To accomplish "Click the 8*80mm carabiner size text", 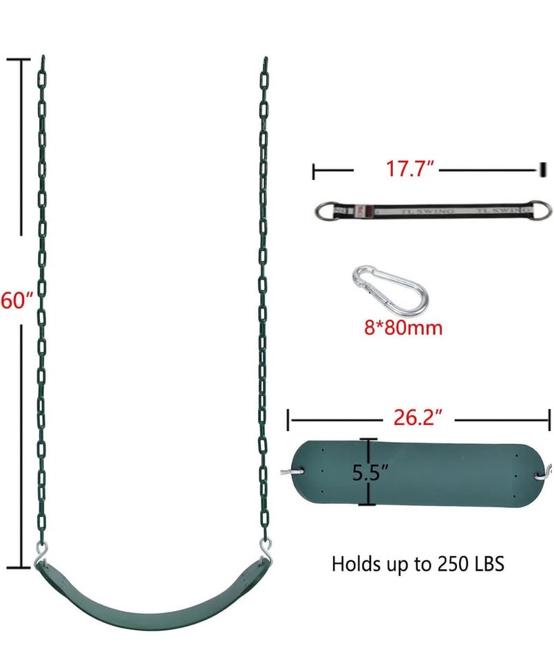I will tap(403, 327).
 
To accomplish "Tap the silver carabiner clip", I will tap(387, 288).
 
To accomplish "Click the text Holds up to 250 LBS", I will tap(418, 564).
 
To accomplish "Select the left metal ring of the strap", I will tap(324, 210).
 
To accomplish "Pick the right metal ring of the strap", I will tap(542, 208).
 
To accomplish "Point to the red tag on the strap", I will tap(367, 210).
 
